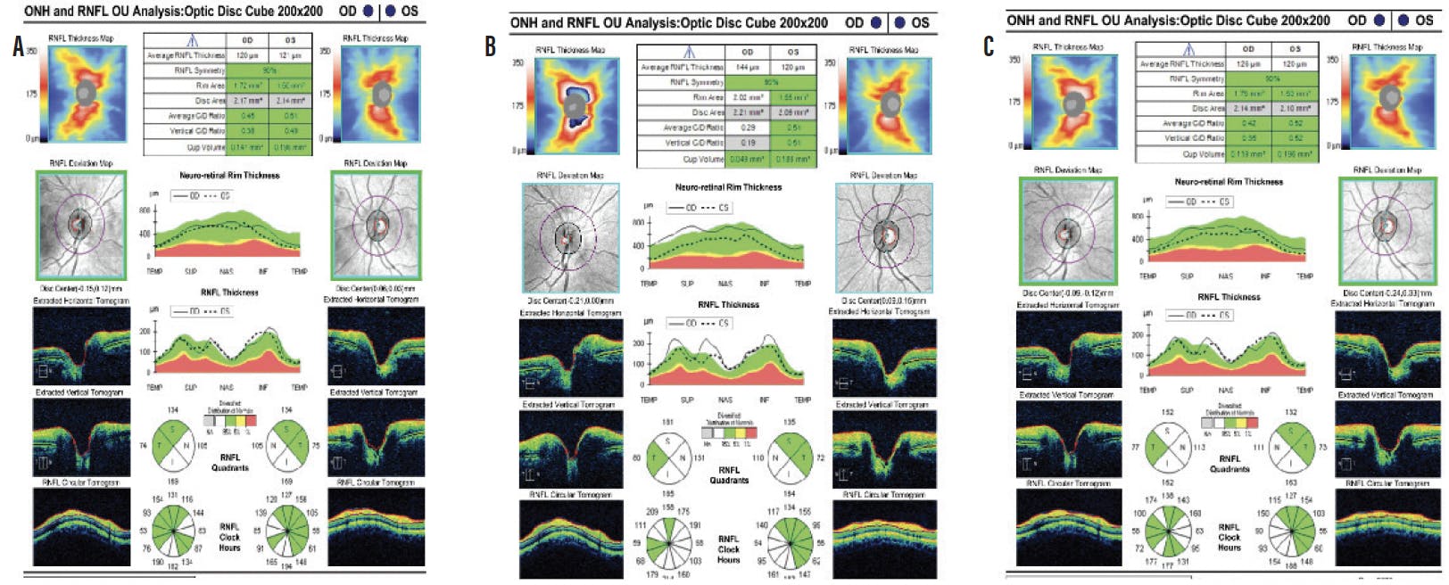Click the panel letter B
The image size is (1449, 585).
point(490,46)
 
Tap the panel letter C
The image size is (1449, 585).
point(988,46)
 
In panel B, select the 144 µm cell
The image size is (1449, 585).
point(748,67)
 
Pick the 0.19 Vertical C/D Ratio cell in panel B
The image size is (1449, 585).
point(748,143)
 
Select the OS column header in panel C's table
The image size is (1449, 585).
point(1294,49)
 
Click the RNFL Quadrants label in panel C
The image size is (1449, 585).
point(1230,463)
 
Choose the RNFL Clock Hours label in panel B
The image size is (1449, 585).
point(728,548)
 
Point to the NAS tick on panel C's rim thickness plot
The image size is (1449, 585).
point(1226,276)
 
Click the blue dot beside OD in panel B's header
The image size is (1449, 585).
point(876,23)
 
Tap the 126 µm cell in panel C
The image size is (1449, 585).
point(1247,63)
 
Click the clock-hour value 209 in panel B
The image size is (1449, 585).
point(651,511)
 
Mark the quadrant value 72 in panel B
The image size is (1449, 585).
point(820,457)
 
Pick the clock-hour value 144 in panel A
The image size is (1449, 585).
point(197,513)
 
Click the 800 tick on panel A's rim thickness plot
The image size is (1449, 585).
point(145,210)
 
